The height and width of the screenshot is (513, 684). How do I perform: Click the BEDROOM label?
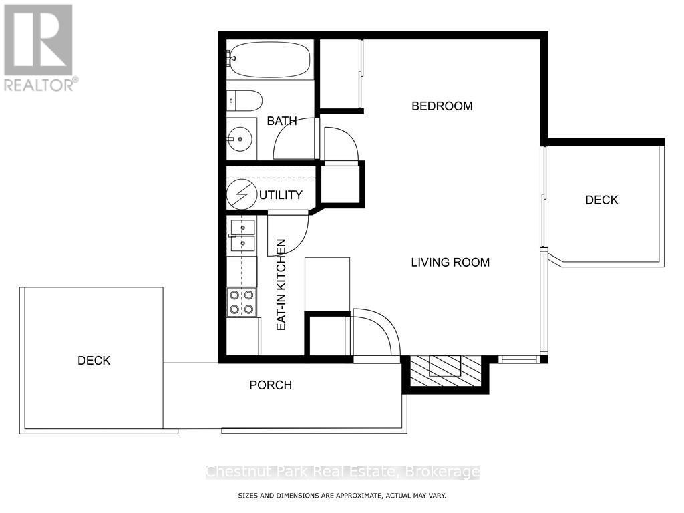[x=442, y=106]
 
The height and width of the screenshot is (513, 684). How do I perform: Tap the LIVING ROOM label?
[x=450, y=262]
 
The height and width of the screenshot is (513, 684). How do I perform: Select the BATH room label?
[x=282, y=121]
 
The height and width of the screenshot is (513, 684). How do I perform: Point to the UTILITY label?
[x=281, y=195]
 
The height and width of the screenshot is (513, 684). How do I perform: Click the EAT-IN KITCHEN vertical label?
[x=281, y=285]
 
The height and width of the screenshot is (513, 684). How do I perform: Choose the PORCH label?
[x=271, y=385]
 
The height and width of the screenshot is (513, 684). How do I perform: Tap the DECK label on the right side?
[x=602, y=200]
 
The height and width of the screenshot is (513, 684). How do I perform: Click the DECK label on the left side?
[x=94, y=361]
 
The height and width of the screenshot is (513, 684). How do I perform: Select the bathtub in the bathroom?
[x=269, y=59]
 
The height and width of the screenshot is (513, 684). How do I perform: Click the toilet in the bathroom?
[x=244, y=101]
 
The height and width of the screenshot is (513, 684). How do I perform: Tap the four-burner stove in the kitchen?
[x=242, y=303]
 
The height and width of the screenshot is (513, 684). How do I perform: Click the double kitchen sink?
[x=242, y=236]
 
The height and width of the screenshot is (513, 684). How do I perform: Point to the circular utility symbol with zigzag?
[x=242, y=194]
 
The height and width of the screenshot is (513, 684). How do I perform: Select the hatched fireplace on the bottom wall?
[x=445, y=371]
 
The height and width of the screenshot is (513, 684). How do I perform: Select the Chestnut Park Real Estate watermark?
[x=343, y=472]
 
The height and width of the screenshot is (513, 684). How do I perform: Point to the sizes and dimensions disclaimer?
[x=342, y=496]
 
